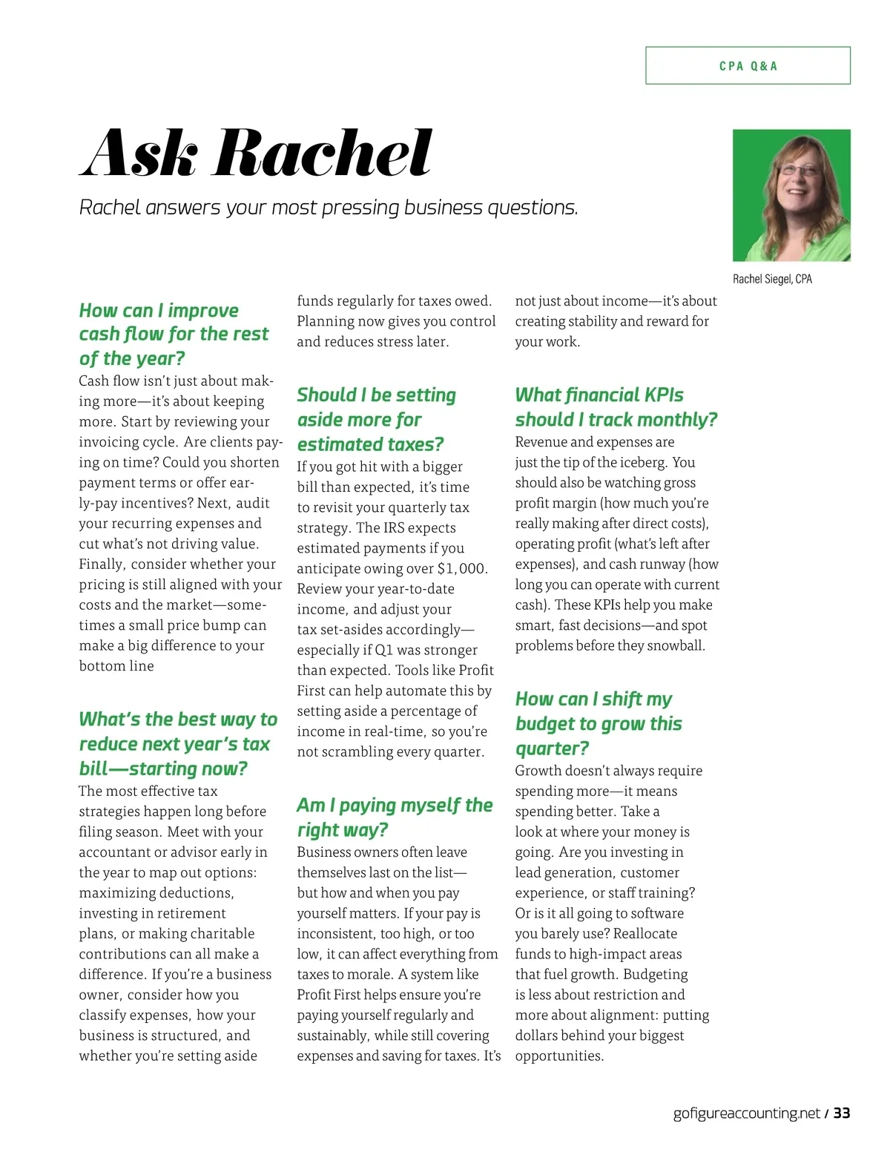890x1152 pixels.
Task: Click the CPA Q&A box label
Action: point(748,66)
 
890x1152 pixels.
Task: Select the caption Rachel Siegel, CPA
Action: point(772,279)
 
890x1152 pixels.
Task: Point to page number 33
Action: point(841,1113)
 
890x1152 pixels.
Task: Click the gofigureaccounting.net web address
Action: point(746,1113)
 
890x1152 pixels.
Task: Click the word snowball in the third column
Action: point(675,645)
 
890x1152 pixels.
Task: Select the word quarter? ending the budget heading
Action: point(552,748)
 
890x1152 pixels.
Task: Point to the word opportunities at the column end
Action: point(558,1056)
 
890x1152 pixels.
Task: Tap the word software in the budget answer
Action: point(653,914)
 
